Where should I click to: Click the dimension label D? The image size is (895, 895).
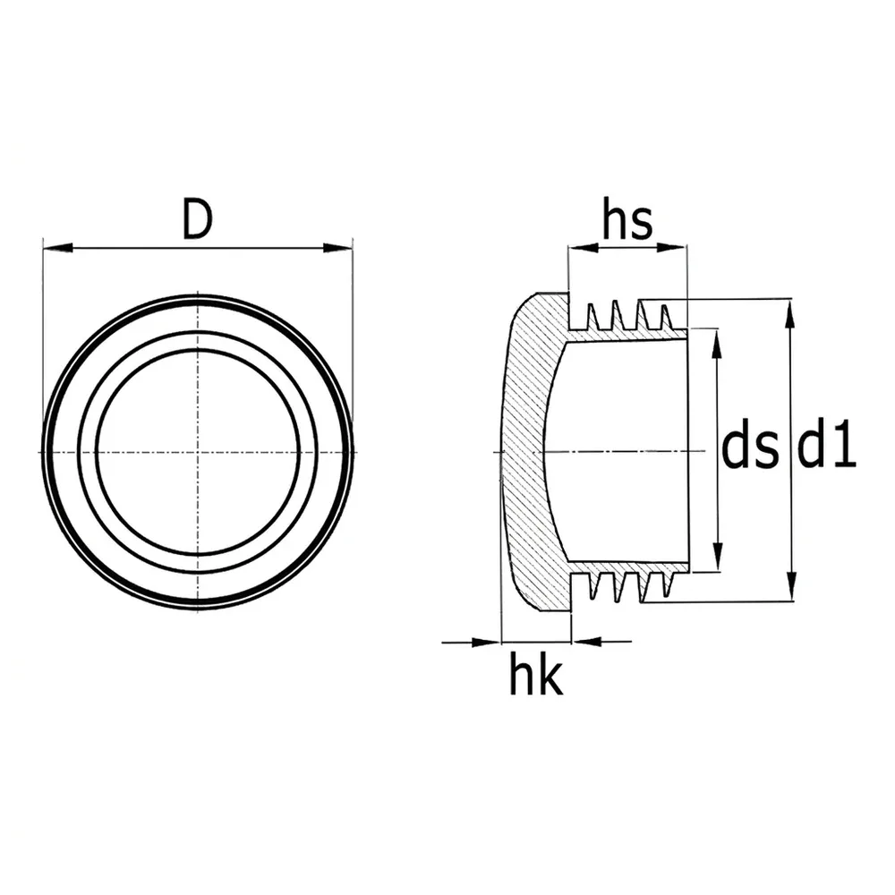pyautogui.click(x=198, y=218)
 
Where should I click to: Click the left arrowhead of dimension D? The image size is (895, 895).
pyautogui.click(x=58, y=248)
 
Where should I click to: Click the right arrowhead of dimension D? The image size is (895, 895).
pyautogui.click(x=338, y=248)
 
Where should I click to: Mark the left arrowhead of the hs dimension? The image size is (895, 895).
pyautogui.click(x=584, y=248)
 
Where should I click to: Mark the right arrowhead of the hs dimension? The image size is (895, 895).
pyautogui.click(x=671, y=248)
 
